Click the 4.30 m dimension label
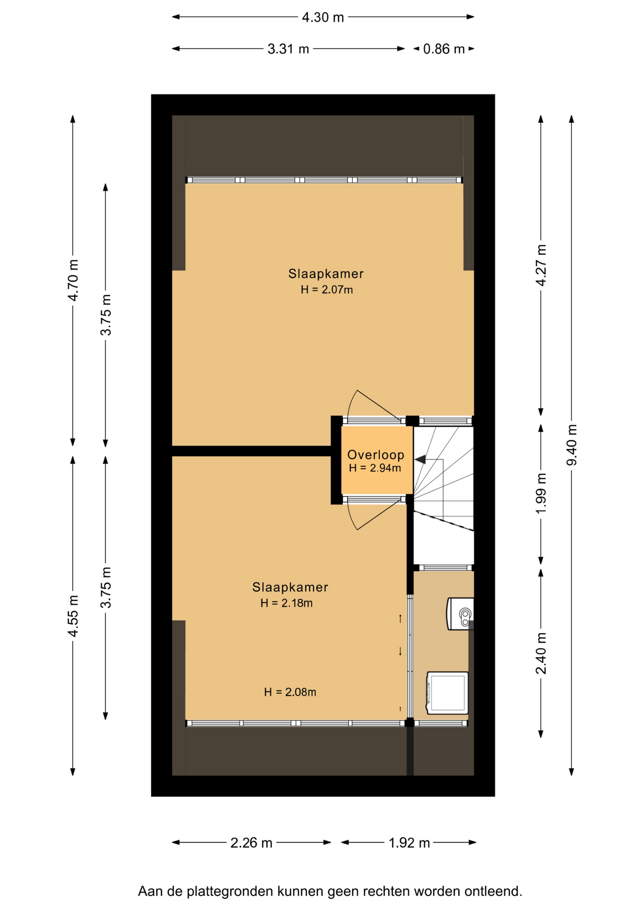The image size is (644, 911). (x=322, y=18)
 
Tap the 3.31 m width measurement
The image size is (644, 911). (x=288, y=49)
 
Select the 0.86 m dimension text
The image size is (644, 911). (x=444, y=49)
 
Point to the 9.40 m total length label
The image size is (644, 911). (x=572, y=445)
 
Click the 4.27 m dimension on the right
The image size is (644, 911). (x=541, y=265)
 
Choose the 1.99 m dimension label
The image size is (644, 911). (x=541, y=493)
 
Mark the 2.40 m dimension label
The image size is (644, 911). (x=541, y=653)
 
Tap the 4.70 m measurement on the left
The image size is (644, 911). (x=73, y=280)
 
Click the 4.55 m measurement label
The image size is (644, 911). (x=73, y=616)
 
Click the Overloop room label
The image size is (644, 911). (x=376, y=455)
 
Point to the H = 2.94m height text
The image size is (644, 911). (x=375, y=468)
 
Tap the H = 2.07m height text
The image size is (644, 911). (x=327, y=290)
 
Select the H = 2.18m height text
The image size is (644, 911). (x=286, y=604)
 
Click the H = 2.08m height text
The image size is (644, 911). (x=290, y=692)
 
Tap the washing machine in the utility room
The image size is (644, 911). (x=447, y=693)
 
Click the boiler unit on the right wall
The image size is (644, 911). (x=460, y=614)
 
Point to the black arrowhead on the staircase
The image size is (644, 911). (x=421, y=459)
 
